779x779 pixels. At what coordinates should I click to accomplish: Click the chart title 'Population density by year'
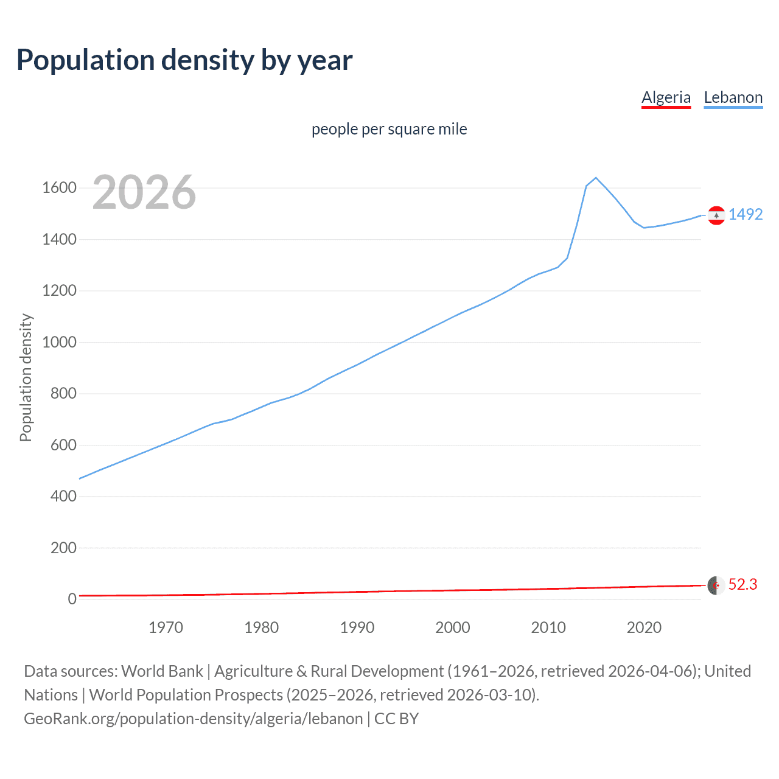(184, 60)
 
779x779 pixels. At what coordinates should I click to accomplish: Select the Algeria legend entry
(666, 97)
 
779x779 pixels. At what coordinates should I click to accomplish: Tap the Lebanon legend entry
(733, 97)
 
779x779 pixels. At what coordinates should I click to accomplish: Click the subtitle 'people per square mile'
(389, 129)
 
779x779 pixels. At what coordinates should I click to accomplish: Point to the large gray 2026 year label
(144, 192)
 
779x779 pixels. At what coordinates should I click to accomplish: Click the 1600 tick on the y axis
(59, 188)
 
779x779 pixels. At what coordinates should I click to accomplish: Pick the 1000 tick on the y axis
(59, 342)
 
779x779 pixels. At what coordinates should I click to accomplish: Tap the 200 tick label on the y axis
(63, 548)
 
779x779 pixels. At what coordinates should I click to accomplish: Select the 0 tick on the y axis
(72, 599)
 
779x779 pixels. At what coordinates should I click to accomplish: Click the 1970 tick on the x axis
(166, 627)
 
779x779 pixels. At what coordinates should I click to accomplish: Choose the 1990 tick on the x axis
(357, 627)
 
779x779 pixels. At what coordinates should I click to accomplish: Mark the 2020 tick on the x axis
(644, 627)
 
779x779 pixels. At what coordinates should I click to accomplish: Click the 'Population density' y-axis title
(26, 377)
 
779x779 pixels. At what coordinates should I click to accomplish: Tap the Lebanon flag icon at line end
(716, 215)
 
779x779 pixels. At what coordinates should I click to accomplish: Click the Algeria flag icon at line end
(716, 585)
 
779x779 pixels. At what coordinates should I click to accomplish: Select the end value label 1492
(746, 214)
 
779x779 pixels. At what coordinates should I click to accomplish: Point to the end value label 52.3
(742, 584)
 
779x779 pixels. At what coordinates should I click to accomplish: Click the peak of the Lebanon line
(596, 178)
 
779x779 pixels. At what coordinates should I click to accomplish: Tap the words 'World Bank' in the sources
(162, 671)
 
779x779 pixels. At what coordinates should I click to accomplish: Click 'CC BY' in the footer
(396, 718)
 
